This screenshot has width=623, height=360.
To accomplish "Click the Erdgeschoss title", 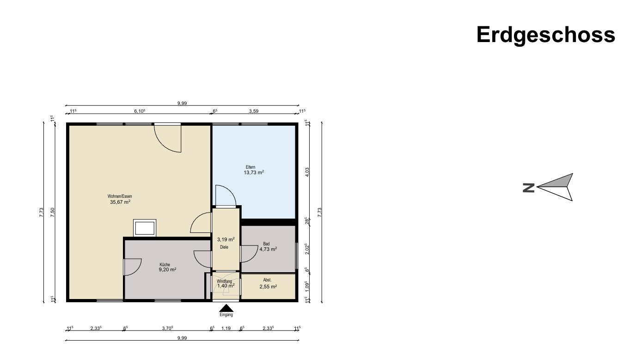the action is (x=546, y=35).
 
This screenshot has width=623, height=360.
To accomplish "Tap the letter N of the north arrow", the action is (x=528, y=188).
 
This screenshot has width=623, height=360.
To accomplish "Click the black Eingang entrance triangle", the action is (x=226, y=308).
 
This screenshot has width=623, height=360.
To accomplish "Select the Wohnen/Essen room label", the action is (x=120, y=196).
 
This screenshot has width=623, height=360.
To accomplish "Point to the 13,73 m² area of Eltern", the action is (x=254, y=172).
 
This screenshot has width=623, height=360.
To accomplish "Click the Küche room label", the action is (x=165, y=265).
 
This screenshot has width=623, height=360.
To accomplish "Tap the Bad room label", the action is (x=266, y=244).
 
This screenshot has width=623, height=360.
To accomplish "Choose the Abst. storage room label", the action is (x=267, y=280).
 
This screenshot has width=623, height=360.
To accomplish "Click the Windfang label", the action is (x=224, y=281).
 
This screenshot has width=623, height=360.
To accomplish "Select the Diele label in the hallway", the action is (x=224, y=247).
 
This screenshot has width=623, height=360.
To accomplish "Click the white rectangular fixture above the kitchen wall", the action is (x=145, y=228).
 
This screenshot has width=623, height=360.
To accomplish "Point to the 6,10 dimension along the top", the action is (x=140, y=111).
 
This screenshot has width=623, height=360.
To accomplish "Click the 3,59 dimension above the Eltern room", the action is (x=254, y=111).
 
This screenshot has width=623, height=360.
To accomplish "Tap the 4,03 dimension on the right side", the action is (x=307, y=172).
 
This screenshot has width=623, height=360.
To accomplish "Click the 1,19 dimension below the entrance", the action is (x=226, y=328).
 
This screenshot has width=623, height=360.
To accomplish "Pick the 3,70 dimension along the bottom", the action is (x=167, y=328).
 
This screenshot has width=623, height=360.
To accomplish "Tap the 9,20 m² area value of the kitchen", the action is (x=167, y=269).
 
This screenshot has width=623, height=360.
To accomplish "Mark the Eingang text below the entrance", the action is (x=226, y=315).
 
